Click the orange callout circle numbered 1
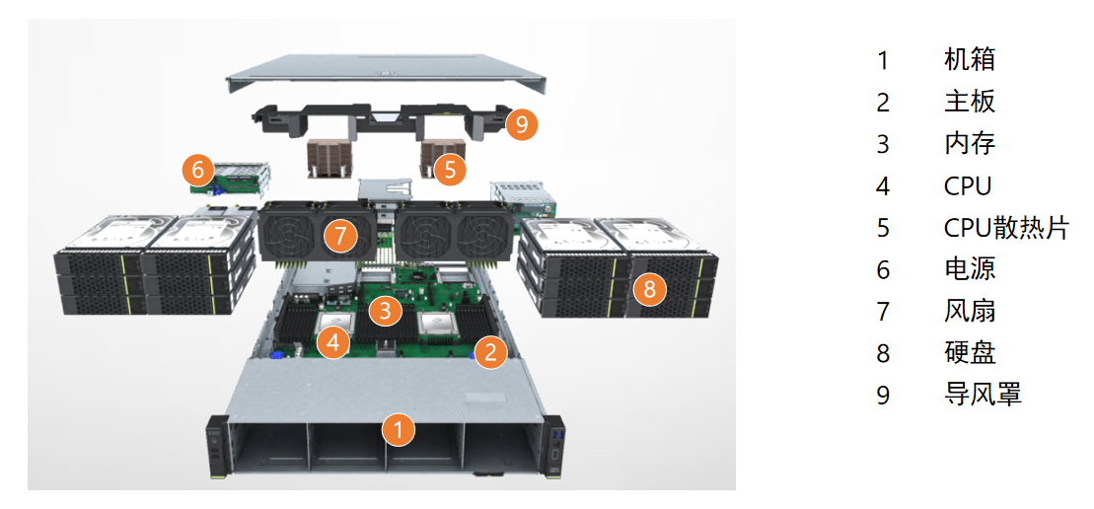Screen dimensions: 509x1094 (398, 429)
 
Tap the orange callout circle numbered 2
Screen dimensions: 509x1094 (490, 351)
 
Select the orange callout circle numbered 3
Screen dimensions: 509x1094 (385, 312)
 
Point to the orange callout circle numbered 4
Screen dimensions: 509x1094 (334, 343)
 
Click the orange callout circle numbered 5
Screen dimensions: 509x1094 (450, 170)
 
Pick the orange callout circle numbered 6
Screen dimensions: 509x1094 (198, 171)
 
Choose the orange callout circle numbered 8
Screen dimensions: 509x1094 (648, 289)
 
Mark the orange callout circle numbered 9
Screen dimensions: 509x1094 (522, 124)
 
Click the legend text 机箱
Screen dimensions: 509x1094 (969, 59)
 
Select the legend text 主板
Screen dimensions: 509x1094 (969, 102)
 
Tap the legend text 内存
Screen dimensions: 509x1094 (969, 143)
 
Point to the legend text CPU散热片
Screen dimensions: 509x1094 (1005, 228)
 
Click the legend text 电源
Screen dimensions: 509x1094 (969, 269)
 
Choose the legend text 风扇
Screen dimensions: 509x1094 (969, 311)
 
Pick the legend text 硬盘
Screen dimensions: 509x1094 (969, 353)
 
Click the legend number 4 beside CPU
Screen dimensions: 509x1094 (883, 185)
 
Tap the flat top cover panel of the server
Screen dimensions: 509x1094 (385, 74)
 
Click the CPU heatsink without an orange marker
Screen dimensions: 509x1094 (327, 157)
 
